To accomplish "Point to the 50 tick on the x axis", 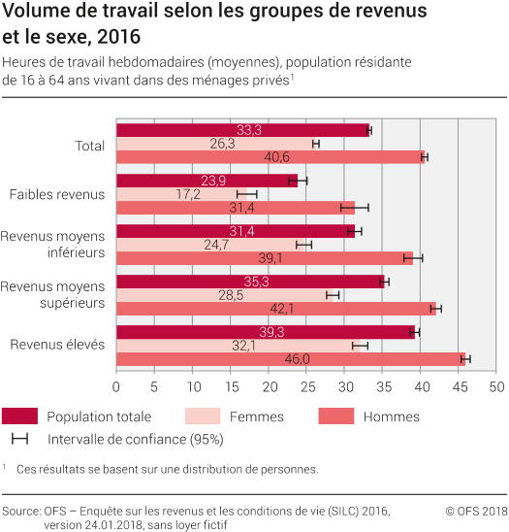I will pos(496,386).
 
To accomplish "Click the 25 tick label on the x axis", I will pos(306,386).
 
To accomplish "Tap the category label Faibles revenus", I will pos(56,194).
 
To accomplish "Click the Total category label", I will pos(90,145).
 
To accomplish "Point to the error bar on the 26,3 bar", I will pos(316,144).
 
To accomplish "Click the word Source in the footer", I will pos(20,510).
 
